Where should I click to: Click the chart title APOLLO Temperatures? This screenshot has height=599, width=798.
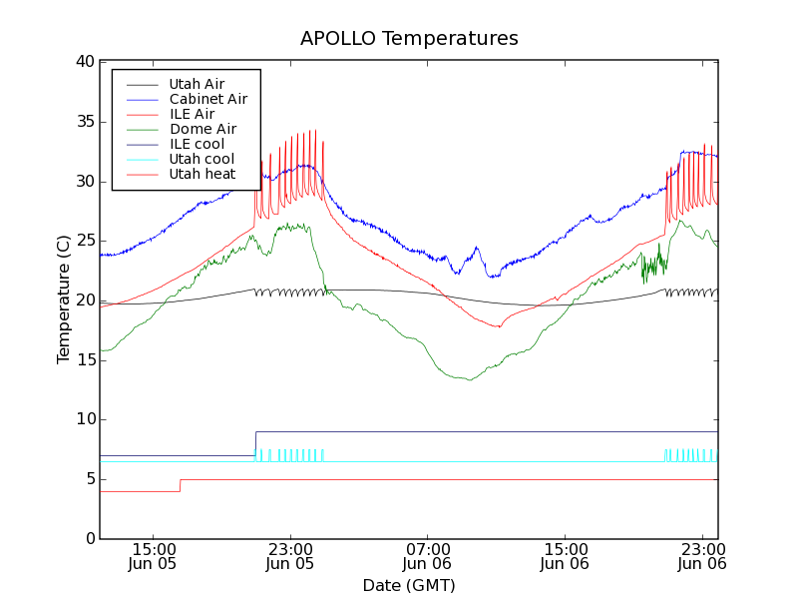(409, 39)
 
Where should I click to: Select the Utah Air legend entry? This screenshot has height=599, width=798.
(197, 84)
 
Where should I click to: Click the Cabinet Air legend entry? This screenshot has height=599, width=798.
(207, 99)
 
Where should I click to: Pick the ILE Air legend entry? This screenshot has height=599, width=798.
(192, 114)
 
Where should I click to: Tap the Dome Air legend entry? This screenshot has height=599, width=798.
(202, 129)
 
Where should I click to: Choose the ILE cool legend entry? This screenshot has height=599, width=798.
(197, 144)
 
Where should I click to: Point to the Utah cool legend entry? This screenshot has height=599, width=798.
(201, 159)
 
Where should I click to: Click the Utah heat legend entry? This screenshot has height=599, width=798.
(201, 174)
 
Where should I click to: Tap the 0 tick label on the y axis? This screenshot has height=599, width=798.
(89, 539)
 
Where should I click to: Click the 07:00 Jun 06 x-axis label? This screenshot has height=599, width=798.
(427, 556)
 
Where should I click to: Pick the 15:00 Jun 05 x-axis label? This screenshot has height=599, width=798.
(153, 556)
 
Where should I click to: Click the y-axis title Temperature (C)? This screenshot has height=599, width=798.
(64, 299)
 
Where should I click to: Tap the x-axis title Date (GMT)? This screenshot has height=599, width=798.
(409, 585)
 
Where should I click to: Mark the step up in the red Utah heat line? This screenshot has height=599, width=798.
(181, 485)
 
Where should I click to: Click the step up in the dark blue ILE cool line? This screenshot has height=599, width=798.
(256, 443)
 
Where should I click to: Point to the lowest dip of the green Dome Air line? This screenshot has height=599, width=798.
(469, 379)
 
